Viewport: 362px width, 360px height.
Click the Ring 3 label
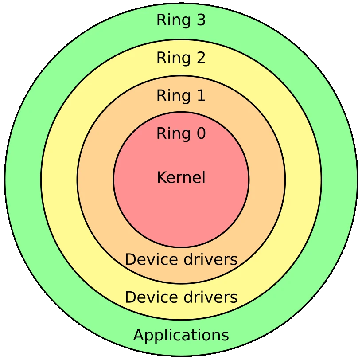(x=181, y=20)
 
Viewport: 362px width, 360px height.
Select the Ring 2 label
(x=181, y=58)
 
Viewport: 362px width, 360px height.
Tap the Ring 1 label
(x=181, y=95)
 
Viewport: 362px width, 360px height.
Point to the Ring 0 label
(x=181, y=133)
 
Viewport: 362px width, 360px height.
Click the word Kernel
(x=181, y=177)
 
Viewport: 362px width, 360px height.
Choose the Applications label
(x=181, y=335)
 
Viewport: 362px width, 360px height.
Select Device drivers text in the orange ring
(x=181, y=259)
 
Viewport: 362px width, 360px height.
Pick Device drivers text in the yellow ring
(x=181, y=297)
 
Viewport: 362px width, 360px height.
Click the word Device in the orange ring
(x=148, y=259)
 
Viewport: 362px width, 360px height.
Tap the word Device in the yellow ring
(x=148, y=297)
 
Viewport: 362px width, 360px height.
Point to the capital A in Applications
(x=139, y=335)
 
